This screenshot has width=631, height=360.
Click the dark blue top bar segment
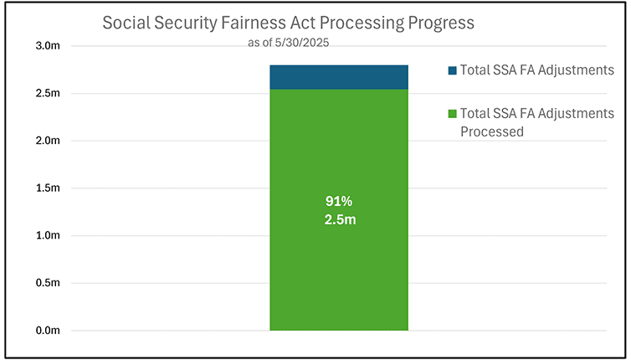(x=338, y=77)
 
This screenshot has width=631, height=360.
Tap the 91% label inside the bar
(x=338, y=202)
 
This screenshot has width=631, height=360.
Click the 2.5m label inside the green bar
(x=338, y=219)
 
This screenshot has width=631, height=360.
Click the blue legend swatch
(x=452, y=70)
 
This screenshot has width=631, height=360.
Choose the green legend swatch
(x=452, y=114)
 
